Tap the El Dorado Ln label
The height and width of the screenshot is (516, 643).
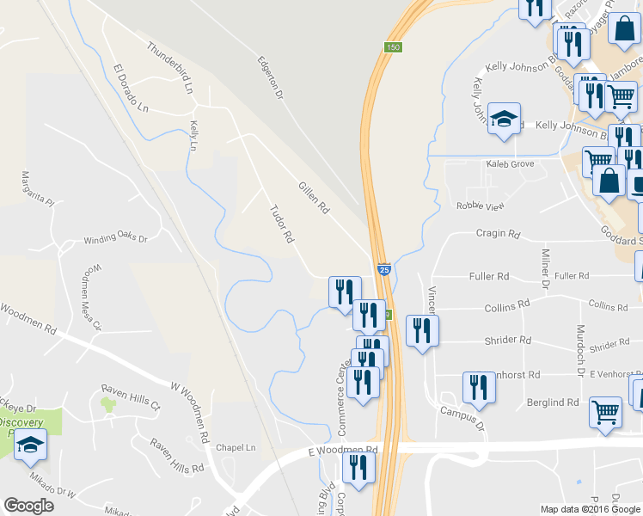click(x=131, y=89)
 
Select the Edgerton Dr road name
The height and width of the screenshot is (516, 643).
click(x=270, y=78)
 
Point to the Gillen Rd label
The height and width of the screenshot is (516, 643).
click(x=314, y=197)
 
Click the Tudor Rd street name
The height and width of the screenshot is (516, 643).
click(x=282, y=223)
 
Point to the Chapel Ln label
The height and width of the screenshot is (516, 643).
click(x=236, y=448)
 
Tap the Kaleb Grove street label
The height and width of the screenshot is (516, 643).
click(x=510, y=163)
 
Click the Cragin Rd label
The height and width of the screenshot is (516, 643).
click(x=499, y=234)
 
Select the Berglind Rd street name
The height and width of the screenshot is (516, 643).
click(x=554, y=402)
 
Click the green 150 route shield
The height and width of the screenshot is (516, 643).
click(x=393, y=47)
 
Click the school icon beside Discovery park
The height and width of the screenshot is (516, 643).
click(x=31, y=445)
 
